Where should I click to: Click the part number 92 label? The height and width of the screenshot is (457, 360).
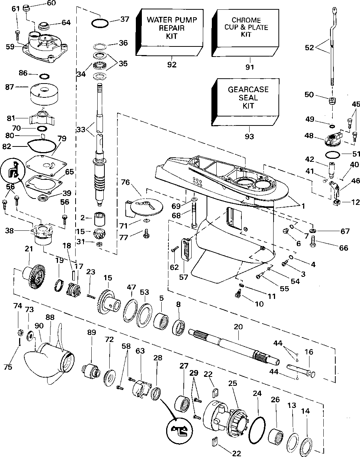click(172, 65)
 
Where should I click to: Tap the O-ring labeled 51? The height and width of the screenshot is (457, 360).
click(332, 154)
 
